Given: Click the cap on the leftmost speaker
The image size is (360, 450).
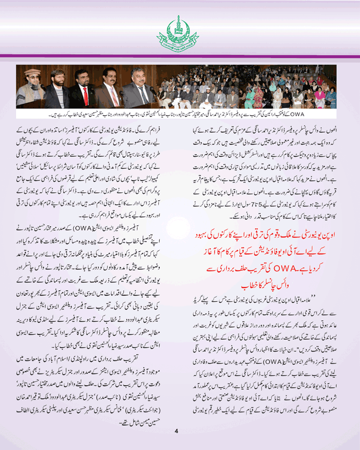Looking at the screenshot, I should point(33,72).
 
